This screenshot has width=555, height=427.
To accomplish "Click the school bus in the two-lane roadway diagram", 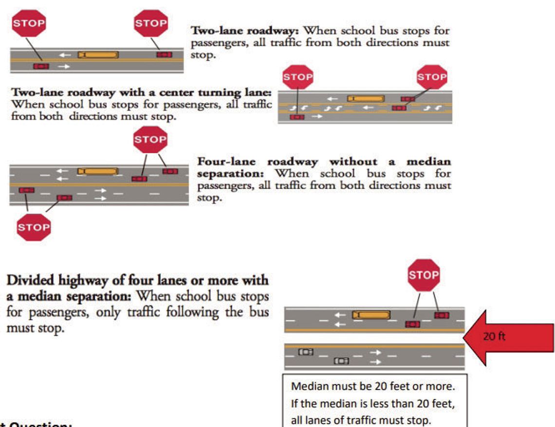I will [x=98, y=55].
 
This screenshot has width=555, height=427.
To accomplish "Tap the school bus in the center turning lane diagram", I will [x=366, y=98].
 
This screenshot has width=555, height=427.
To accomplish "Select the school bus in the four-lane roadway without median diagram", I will [x=98, y=171].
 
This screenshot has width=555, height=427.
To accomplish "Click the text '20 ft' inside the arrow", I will [x=494, y=336].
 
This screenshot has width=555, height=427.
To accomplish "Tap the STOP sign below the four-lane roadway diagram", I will [x=34, y=227].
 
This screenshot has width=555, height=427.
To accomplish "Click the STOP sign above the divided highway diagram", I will [x=424, y=275].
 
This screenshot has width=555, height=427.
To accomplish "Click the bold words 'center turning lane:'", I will [x=224, y=93].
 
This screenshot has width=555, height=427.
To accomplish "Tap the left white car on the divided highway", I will [x=306, y=352].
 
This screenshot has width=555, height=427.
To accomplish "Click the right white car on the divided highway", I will [x=341, y=361].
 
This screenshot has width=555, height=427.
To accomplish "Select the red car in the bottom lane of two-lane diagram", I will [x=41, y=66].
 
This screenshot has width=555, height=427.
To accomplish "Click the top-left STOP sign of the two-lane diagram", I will [x=29, y=22].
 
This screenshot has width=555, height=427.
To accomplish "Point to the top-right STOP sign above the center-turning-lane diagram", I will [x=432, y=77].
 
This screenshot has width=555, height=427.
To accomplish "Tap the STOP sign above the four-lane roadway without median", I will [x=150, y=140].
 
